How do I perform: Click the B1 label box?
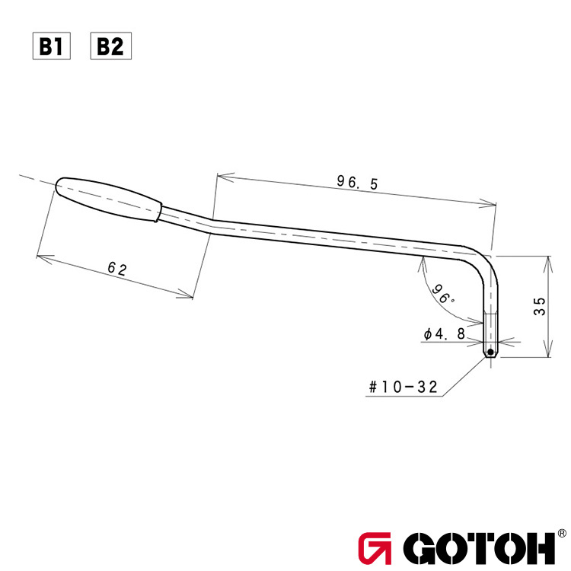pyautogui.click(x=50, y=47)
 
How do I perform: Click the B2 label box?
pyautogui.click(x=110, y=47)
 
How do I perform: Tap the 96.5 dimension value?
pyautogui.click(x=357, y=183)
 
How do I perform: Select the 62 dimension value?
pyautogui.click(x=116, y=269)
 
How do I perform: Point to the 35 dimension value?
pyautogui.click(x=539, y=306)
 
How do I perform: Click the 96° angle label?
pyautogui.click(x=442, y=293)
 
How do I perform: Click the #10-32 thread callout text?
pyautogui.click(x=402, y=387)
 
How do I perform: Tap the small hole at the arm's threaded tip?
pyautogui.click(x=491, y=352)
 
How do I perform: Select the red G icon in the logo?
pyautogui.click(x=375, y=547)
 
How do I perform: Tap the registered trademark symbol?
pyautogui.click(x=561, y=534)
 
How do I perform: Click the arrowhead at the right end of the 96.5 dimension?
pyautogui.click(x=491, y=203)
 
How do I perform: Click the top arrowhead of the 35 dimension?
pyautogui.click(x=546, y=260)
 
